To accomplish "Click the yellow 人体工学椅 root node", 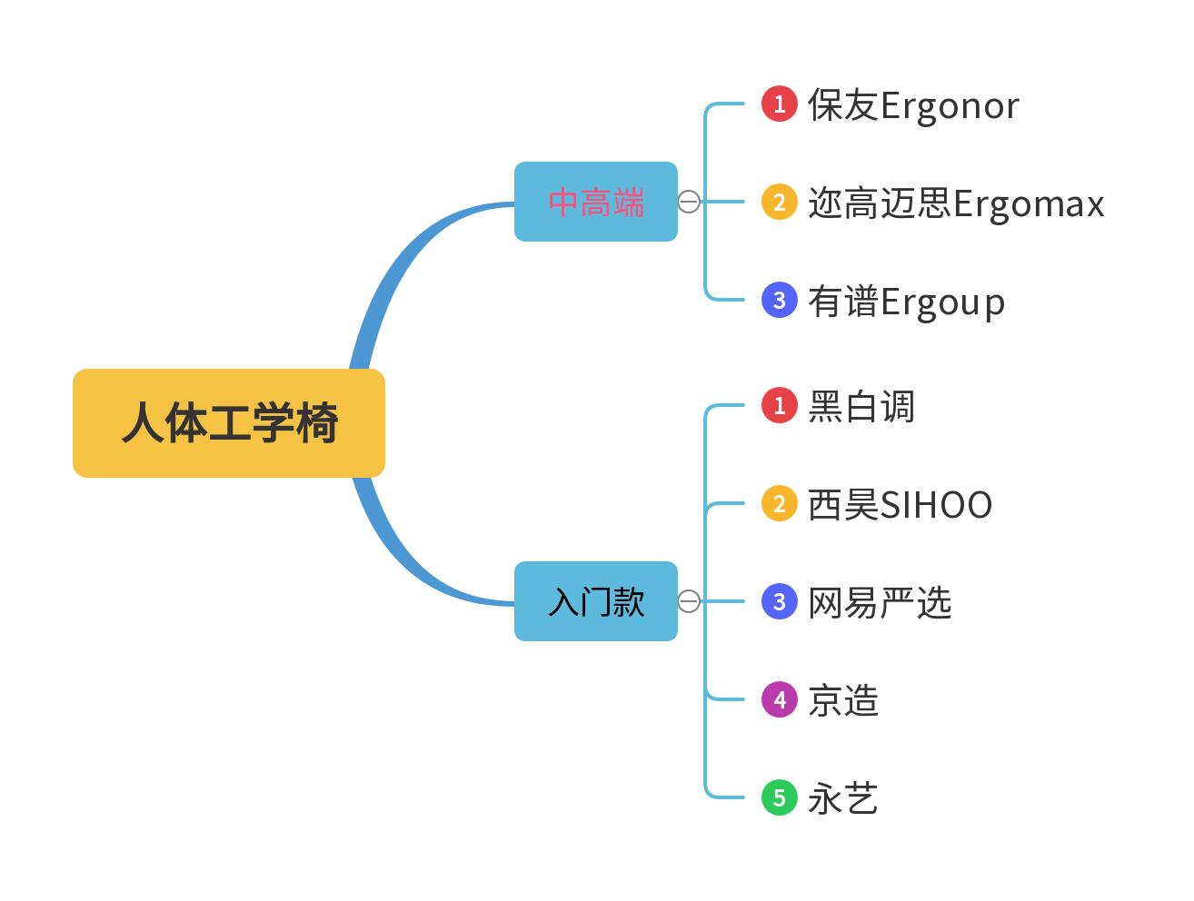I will [x=229, y=423].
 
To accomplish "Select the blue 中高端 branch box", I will [x=596, y=202].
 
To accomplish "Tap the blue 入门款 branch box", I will [x=596, y=601].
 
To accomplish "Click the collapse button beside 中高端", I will [x=690, y=202].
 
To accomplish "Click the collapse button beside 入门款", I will [x=690, y=601].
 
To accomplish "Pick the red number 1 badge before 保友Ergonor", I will [x=779, y=104].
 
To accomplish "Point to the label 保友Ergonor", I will [x=913, y=105].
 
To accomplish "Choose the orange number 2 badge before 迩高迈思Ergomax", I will [x=779, y=202].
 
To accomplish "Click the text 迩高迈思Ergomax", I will [x=956, y=203].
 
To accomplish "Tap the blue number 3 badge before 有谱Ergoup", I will [x=779, y=300].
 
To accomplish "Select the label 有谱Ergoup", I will [x=906, y=302].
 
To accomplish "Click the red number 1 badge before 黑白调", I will [x=779, y=405].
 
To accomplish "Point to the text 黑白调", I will [x=861, y=407].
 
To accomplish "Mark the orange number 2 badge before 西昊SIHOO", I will [x=779, y=503].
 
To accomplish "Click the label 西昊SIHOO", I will [x=900, y=505].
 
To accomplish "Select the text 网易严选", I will [x=880, y=603].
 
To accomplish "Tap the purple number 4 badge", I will [x=779, y=699].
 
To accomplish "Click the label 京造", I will [x=843, y=701].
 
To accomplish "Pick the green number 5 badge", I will [x=779, y=797].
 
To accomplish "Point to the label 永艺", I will [x=843, y=799].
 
